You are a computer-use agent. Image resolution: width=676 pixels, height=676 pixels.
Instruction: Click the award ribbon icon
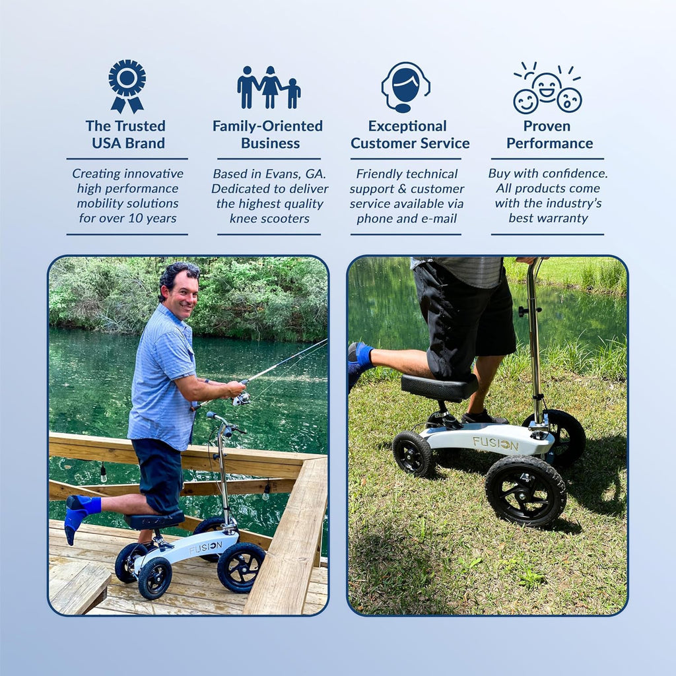pos(127,86)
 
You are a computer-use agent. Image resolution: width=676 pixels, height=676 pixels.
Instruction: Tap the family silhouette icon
pos(269,88)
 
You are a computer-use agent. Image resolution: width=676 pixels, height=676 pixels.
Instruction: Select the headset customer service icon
pos(405,87)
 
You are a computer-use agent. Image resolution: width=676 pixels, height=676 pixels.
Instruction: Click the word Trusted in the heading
pos(140,126)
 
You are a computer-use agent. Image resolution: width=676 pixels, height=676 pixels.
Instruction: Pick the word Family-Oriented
pos(267,126)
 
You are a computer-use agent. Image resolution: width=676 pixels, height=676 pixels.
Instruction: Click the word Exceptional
pos(407,126)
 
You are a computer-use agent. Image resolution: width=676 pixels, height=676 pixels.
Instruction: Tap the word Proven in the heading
pos(547,126)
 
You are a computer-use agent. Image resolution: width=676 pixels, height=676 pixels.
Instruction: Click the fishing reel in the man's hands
pos(240,399)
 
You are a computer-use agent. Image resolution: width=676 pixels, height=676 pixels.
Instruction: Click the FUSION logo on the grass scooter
pos(495,444)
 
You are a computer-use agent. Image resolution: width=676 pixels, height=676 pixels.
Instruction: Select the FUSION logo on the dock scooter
pos(206,547)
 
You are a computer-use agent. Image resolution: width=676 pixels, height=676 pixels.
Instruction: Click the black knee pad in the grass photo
pos(439,387)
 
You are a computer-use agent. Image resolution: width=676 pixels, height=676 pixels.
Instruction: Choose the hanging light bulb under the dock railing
pos(104,473)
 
